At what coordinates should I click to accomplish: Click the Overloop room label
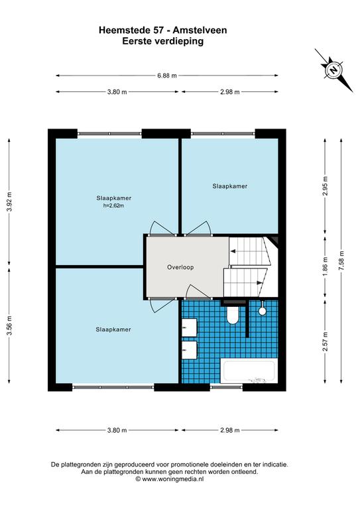[x=180, y=267]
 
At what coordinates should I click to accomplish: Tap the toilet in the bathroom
[x=233, y=315]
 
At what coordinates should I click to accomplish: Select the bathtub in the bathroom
[x=249, y=370]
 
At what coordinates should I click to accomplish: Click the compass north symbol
[x=333, y=70]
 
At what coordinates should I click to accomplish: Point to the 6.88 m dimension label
[x=167, y=76]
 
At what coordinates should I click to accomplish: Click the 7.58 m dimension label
[x=341, y=260]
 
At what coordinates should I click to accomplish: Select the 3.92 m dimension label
[x=9, y=201]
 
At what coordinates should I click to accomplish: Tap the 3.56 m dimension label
[x=9, y=325]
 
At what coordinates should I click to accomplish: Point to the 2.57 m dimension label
[x=326, y=341]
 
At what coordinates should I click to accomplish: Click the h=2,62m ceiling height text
[x=113, y=205]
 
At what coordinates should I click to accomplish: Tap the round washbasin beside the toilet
[x=263, y=311]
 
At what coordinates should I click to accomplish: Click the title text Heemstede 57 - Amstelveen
[x=163, y=30]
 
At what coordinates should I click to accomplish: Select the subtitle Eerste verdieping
[x=163, y=41]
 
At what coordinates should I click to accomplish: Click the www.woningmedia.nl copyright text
[x=170, y=479]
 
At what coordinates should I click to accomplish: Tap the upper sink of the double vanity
[x=189, y=327]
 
